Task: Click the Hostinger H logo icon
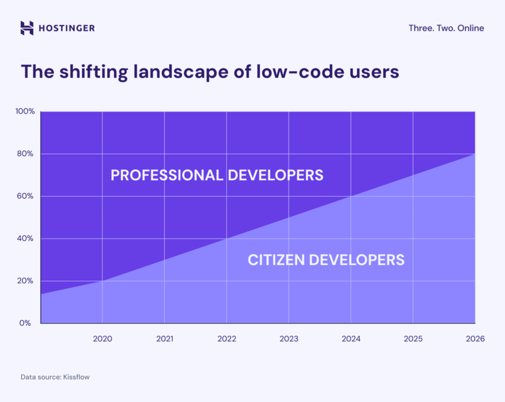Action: coord(27,28)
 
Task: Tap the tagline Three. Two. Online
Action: coord(446,28)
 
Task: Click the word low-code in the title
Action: coord(325,72)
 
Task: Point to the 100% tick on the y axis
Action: coord(25,111)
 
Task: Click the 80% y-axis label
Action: coord(26,154)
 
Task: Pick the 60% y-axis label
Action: coord(26,196)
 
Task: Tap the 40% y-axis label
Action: coord(26,238)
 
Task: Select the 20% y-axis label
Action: coord(26,281)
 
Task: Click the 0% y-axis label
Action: coord(28,323)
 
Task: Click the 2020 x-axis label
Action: coord(103,339)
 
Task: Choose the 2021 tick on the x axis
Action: coord(165,339)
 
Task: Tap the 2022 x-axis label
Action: coord(227,339)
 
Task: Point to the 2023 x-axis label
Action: coord(289,339)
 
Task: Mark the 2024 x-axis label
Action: coord(351,339)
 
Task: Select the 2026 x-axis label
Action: coord(475,339)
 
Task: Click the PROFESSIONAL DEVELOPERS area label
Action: coord(217,175)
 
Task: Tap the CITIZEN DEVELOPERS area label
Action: coord(326,260)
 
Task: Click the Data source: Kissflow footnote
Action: coord(55,377)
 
